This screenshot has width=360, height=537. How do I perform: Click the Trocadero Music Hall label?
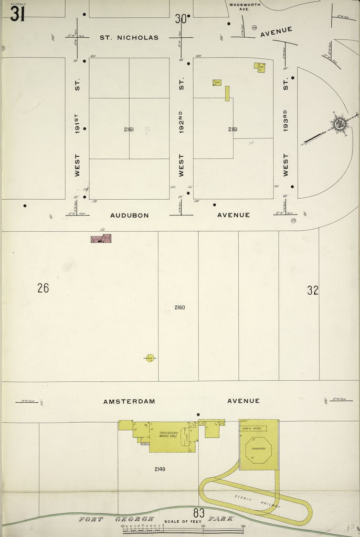[x=164, y=435]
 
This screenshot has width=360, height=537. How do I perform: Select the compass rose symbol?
[x=339, y=124]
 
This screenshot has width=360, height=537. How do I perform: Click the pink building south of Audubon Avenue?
[x=101, y=239]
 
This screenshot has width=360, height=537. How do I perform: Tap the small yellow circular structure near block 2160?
[x=150, y=359]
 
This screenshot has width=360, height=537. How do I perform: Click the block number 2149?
[x=159, y=469]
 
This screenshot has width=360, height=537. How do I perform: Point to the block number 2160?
[x=179, y=307]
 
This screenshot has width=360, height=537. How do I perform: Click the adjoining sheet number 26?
[x=43, y=288]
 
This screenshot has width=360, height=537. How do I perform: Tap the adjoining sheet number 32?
[x=313, y=290]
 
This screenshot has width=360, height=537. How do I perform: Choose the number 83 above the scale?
[x=198, y=512]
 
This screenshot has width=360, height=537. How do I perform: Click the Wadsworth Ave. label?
[x=245, y=7]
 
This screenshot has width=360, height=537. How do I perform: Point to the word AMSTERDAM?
[x=129, y=401]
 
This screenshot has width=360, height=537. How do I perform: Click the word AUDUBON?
[x=130, y=215]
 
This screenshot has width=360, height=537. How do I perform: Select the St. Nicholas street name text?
[x=129, y=38]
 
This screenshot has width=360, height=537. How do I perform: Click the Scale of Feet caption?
[x=180, y=522]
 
